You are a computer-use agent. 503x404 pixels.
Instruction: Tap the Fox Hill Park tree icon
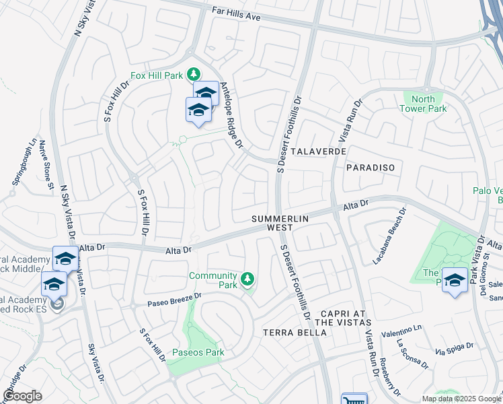194,73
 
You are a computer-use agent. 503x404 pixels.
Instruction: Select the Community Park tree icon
247,278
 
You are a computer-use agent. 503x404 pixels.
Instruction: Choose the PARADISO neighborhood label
370,167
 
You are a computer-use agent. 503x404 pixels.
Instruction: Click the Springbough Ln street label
24,162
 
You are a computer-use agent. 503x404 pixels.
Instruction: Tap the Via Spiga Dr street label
450,351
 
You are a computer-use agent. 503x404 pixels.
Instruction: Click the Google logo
23,396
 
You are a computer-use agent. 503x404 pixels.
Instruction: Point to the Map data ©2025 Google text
461,399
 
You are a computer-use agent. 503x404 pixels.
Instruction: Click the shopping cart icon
354,400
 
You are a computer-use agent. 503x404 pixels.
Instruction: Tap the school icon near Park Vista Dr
455,280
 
